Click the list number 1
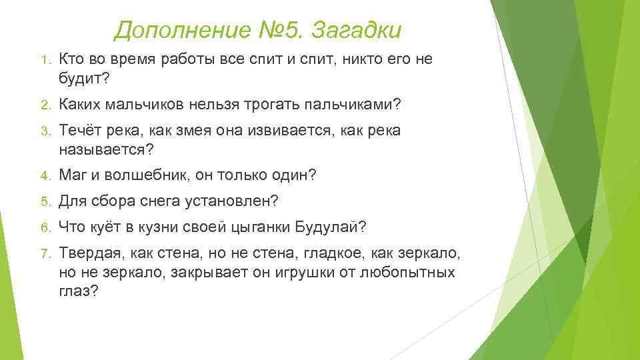tap(44, 61)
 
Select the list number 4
tap(44, 177)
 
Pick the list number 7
tap(44, 254)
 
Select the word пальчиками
tap(349, 105)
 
